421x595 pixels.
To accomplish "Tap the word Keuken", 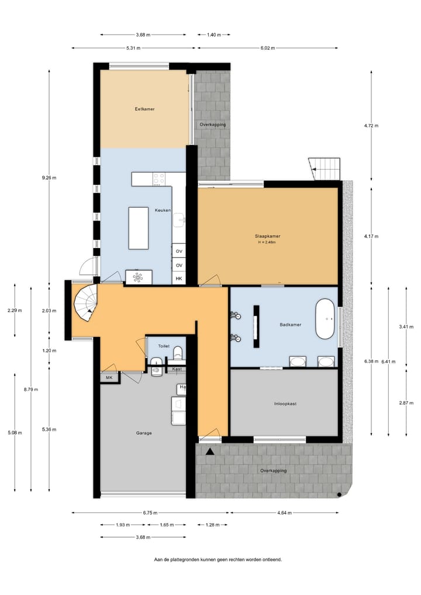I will click(x=163, y=210).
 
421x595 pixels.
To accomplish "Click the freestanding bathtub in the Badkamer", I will click(x=325, y=319).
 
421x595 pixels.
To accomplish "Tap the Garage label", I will click(x=144, y=433).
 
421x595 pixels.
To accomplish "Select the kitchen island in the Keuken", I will click(x=139, y=228).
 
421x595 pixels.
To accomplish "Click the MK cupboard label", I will click(x=109, y=378).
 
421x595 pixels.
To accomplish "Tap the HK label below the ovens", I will click(x=179, y=279).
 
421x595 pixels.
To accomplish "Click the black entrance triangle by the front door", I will click(x=210, y=451).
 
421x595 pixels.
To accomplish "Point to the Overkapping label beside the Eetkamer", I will click(x=212, y=125).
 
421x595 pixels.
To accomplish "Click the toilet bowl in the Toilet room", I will click(x=178, y=353).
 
